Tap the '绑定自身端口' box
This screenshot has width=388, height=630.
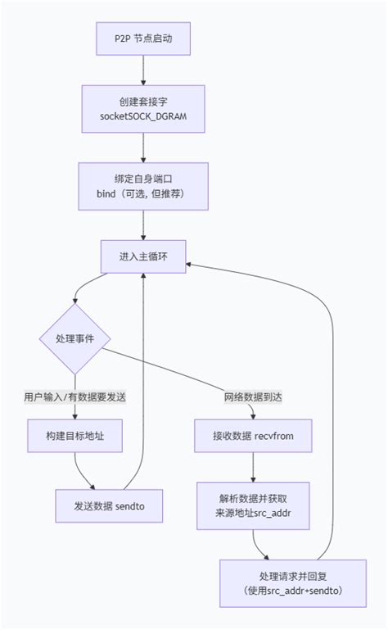coord(144,185)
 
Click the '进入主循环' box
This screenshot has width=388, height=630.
coord(144,256)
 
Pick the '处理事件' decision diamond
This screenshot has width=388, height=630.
coord(74,339)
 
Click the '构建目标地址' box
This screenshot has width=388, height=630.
coord(74,436)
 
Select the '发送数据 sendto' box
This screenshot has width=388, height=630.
coord(109,505)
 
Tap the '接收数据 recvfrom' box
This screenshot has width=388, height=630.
coord(254,436)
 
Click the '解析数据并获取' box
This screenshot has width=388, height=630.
coord(254,505)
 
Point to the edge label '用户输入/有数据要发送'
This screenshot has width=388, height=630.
coord(74,397)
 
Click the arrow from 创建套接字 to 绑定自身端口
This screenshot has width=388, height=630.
coord(144,147)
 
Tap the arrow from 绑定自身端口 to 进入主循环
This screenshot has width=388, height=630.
coord(144,223)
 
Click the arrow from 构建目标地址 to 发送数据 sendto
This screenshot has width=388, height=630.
coord(82,471)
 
